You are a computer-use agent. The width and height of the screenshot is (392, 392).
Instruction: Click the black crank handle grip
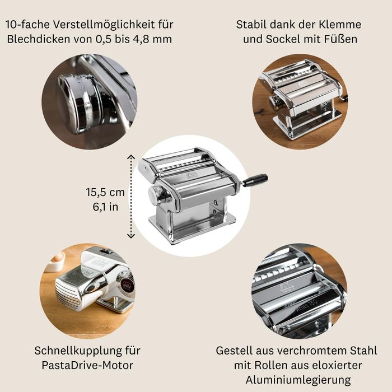tap(255, 180)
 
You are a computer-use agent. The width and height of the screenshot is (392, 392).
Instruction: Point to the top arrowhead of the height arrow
tap(131, 157)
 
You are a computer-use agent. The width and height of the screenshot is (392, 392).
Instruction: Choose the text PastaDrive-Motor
tap(87, 366)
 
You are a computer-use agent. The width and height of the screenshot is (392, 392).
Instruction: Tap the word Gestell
tap(235, 351)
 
